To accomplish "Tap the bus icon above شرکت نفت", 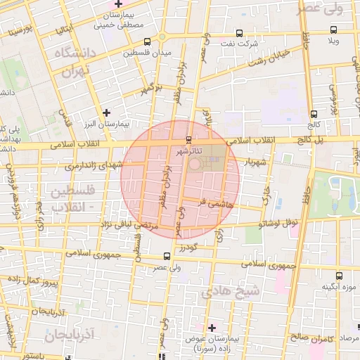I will pos(239,33).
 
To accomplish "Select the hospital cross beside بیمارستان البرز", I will pos(106,112).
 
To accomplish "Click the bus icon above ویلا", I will pos(333,30).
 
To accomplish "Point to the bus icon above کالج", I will pos(313,114).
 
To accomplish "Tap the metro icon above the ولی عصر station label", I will pos(167,255).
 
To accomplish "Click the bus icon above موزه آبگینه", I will pos(340,276).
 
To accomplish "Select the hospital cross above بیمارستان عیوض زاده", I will pos(212,327).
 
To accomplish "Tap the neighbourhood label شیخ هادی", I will pos(230,290).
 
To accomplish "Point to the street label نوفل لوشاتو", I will pos(278,224).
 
